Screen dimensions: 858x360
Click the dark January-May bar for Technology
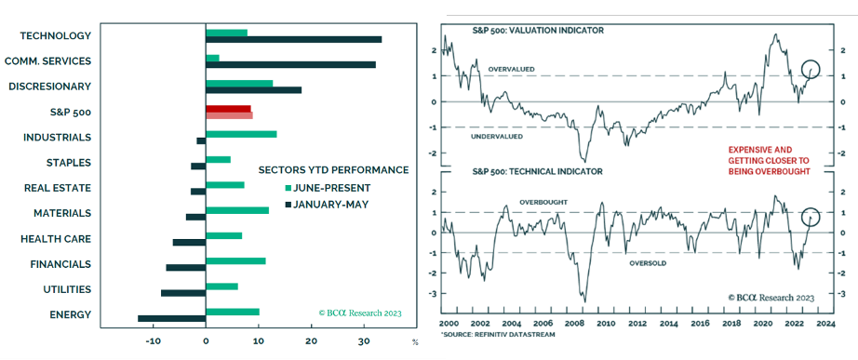pyautogui.click(x=293, y=39)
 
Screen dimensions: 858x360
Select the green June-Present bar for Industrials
pyautogui.click(x=241, y=134)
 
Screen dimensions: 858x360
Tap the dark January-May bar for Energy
pyautogui.click(x=172, y=318)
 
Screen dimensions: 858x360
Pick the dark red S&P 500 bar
pyautogui.click(x=228, y=109)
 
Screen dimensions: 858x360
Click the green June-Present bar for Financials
pyautogui.click(x=235, y=261)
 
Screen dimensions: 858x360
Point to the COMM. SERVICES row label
pyautogui.click(x=47, y=60)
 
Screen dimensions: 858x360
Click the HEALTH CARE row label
pyautogui.click(x=56, y=238)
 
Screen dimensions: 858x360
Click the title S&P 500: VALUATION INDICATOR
pyautogui.click(x=539, y=31)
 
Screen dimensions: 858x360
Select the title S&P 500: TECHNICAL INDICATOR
pyautogui.click(x=537, y=171)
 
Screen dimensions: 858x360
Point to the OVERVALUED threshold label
pyautogui.click(x=511, y=70)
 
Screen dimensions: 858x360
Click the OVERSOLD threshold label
pyautogui.click(x=648, y=263)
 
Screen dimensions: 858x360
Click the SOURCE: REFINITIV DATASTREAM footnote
pyautogui.click(x=496, y=334)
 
